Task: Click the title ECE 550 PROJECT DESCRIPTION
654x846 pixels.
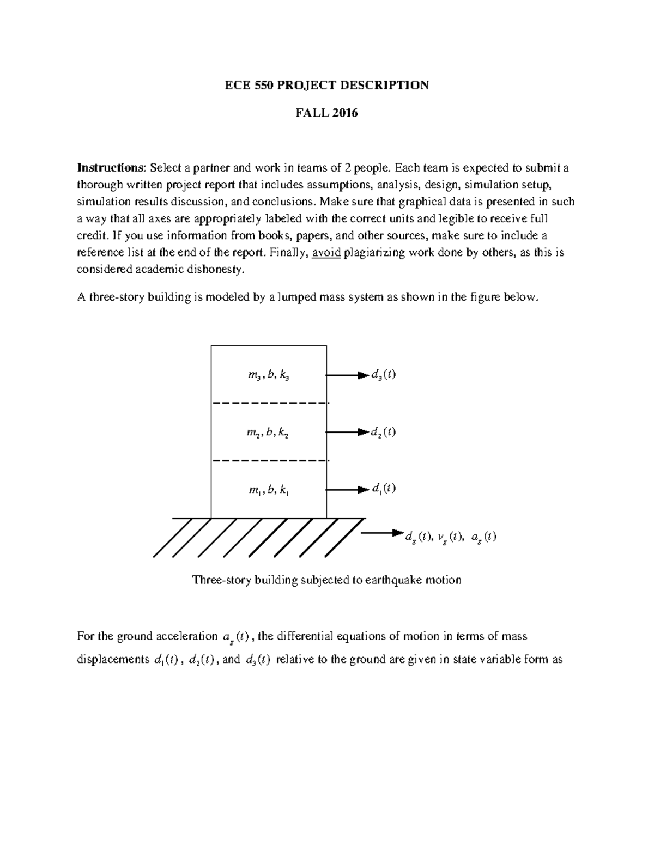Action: coord(327,85)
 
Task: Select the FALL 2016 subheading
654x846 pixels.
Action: coord(327,113)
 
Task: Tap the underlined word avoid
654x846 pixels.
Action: coord(326,253)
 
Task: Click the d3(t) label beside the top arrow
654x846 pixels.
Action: coord(383,375)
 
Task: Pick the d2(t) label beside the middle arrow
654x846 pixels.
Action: coord(383,433)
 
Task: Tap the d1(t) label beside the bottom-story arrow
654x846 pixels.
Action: coord(383,489)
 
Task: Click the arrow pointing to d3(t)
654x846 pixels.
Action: coord(347,375)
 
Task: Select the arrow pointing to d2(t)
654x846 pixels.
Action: coord(347,432)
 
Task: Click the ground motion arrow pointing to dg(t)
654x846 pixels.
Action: coord(381,532)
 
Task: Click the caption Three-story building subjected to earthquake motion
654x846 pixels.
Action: coord(327,580)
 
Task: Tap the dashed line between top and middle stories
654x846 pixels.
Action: coord(270,403)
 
